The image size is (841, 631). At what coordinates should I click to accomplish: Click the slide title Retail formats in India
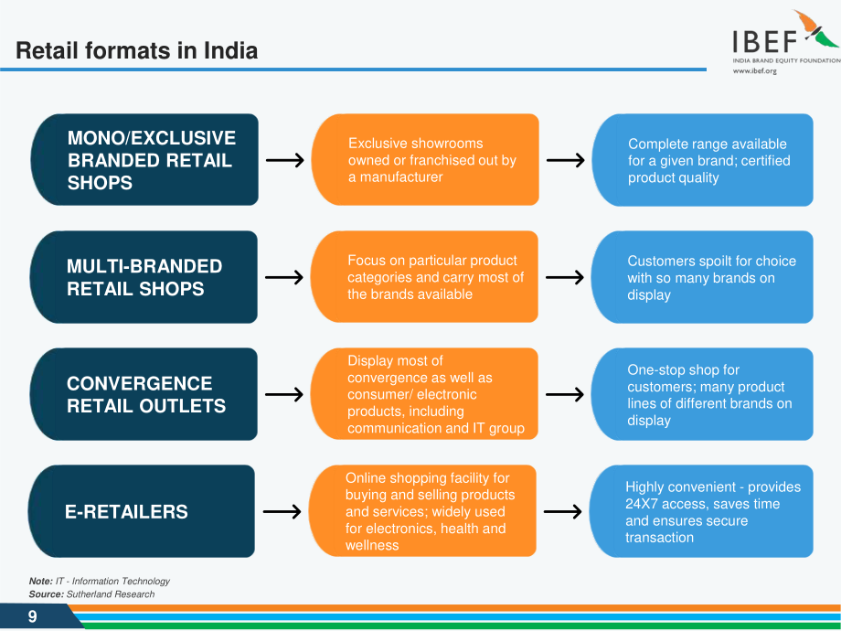[137, 50]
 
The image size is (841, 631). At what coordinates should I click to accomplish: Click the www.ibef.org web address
[755, 70]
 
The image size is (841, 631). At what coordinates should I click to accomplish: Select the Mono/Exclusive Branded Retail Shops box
[144, 159]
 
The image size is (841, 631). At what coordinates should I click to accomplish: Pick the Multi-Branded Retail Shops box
[144, 277]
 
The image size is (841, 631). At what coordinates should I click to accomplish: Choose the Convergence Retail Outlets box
[144, 394]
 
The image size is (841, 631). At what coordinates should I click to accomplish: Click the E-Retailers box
[142, 511]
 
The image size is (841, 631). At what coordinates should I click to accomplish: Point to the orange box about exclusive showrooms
[425, 159]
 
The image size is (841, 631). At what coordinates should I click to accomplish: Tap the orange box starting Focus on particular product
[424, 277]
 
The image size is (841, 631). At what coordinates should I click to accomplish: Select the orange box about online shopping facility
[422, 511]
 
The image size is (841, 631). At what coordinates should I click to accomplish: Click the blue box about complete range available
[703, 160]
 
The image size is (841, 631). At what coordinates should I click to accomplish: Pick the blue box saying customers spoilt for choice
[702, 277]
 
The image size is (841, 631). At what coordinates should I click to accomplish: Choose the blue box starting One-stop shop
[702, 394]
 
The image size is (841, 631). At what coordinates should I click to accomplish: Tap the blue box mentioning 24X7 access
[701, 511]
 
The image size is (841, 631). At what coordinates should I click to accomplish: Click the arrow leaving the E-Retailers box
[282, 511]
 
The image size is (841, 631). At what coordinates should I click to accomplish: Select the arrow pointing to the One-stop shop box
[565, 394]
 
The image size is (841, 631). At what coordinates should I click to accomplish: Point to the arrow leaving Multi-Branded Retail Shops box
[284, 277]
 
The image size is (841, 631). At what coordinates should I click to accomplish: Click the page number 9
[33, 616]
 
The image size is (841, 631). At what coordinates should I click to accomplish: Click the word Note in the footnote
[41, 581]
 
